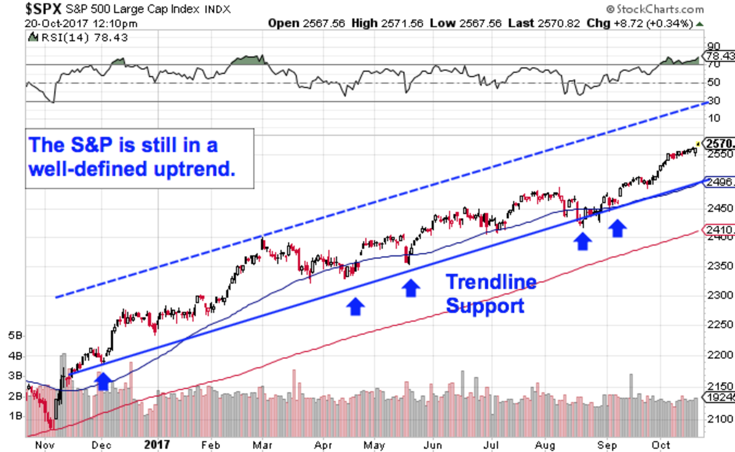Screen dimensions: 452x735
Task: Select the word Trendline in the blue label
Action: coord(491,282)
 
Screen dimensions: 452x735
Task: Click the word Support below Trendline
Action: coord(485,306)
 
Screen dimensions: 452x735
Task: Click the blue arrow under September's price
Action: coord(617,229)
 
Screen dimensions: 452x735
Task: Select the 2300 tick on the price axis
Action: coord(719,296)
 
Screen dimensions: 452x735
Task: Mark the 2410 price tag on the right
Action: coord(719,230)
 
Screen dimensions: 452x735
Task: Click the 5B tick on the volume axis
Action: coord(16,336)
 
